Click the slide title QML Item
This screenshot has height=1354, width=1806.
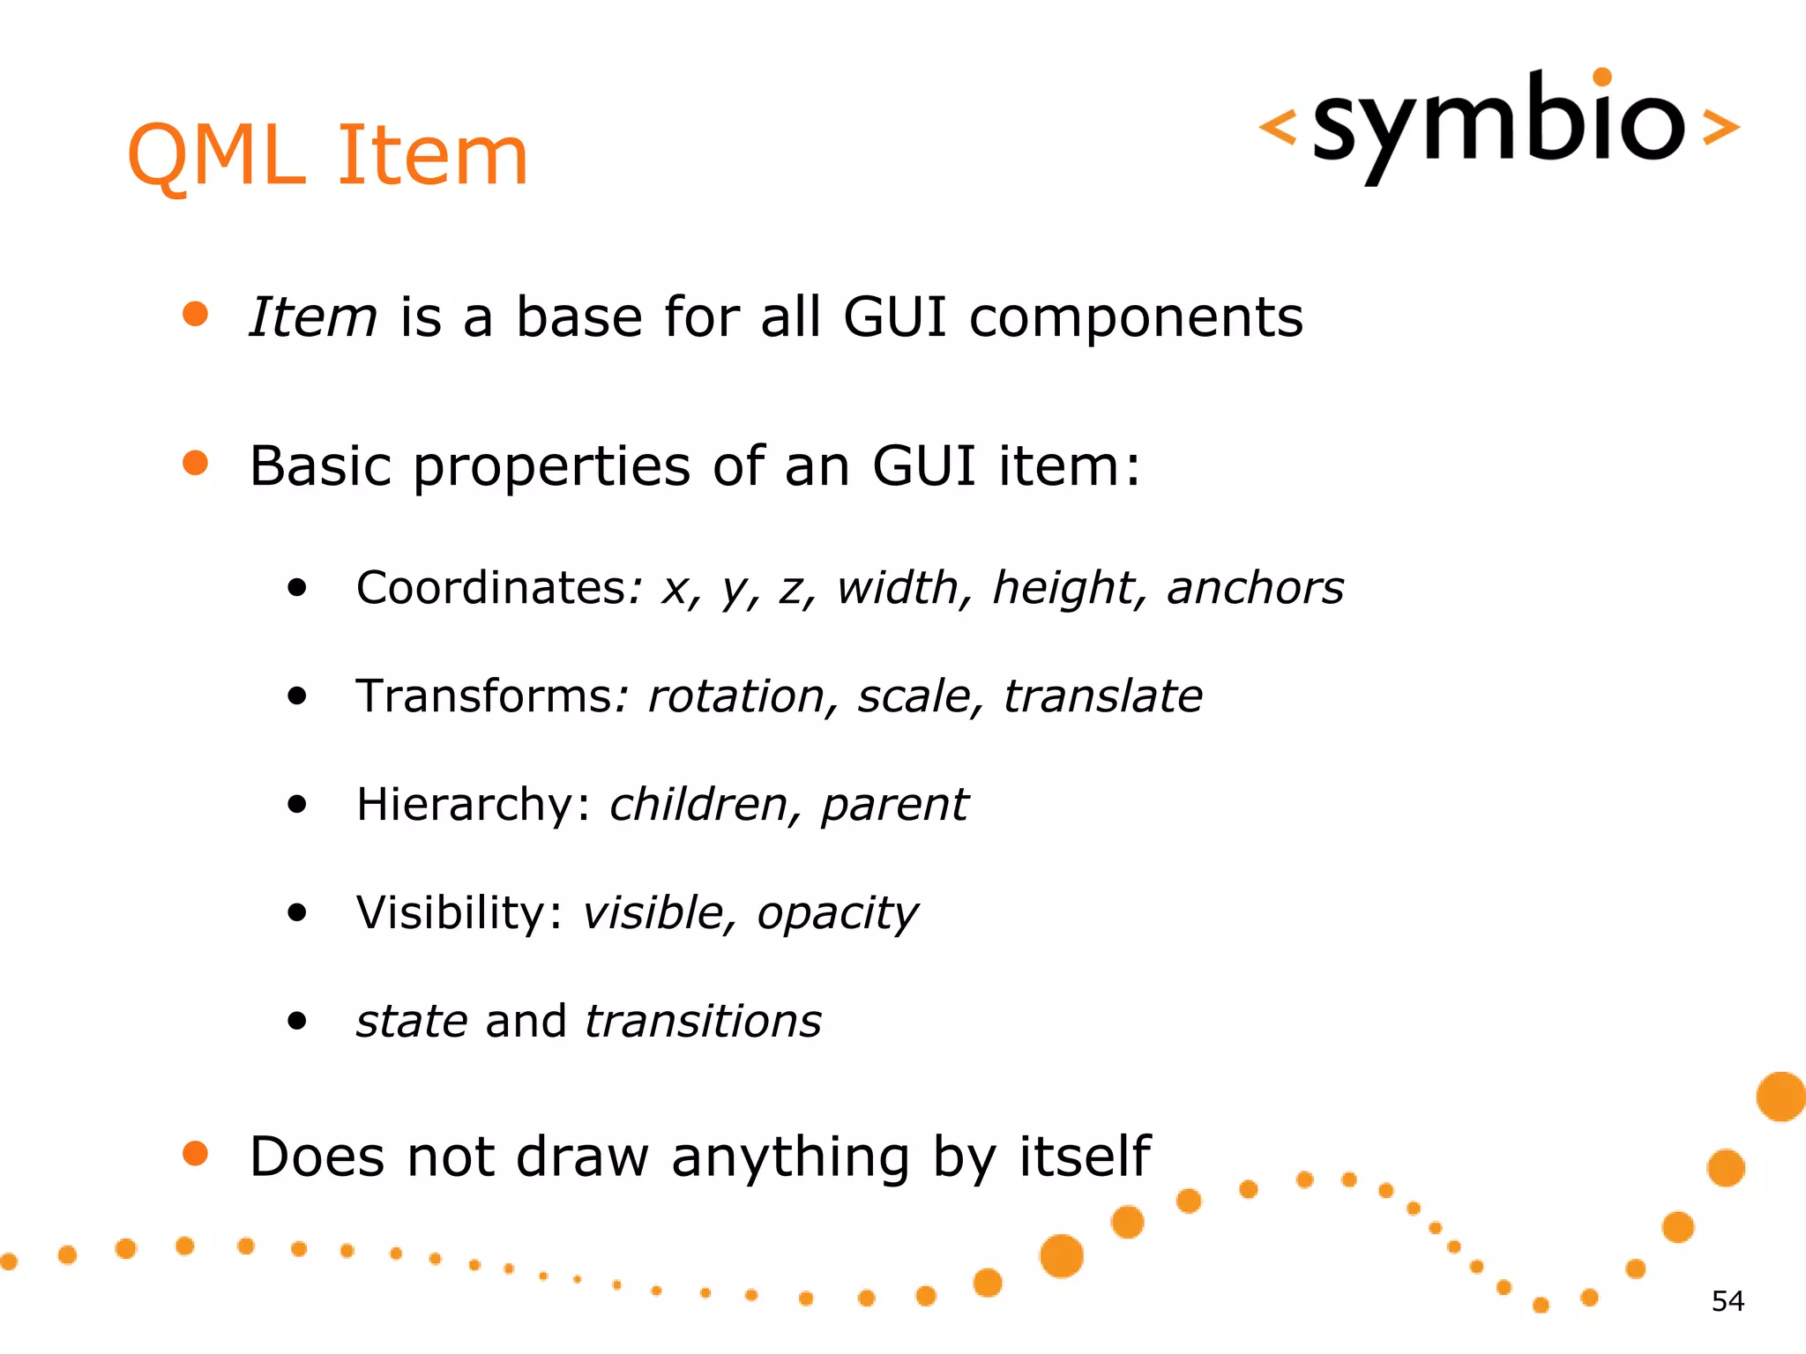coord(328,156)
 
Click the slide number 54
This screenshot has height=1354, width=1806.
coord(1728,1301)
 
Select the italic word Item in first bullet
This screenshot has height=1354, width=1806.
coord(313,317)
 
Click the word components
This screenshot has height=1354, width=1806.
coord(1136,317)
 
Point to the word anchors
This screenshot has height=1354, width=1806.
coord(1255,588)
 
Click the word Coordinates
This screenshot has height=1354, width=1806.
coord(491,588)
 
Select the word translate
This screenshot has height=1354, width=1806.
coord(1103,696)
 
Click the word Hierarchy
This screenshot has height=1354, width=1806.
coord(465,805)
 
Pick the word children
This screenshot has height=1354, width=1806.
coord(698,805)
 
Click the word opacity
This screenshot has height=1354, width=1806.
coord(837,913)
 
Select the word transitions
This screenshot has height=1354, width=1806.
coord(703,1022)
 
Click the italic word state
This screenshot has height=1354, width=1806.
coord(412,1022)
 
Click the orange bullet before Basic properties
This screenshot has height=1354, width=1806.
coord(195,463)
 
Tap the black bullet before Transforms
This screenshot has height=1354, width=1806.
coord(297,696)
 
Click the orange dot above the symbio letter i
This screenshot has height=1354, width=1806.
coord(1603,78)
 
